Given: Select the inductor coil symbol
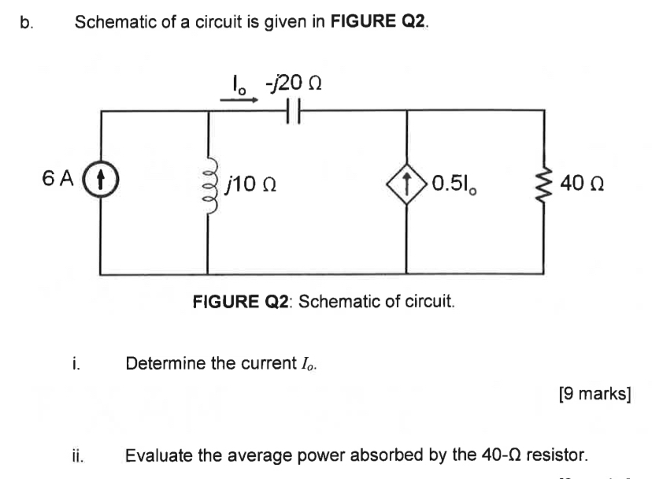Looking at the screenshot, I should coord(208,188).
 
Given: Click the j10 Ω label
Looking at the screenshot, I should coord(250,187).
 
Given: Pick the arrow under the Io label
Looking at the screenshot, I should coord(233,100).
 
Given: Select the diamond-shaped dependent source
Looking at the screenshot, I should coord(406,187).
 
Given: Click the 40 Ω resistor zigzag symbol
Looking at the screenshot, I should coord(544,187).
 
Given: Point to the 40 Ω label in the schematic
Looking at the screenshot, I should coord(582,187).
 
